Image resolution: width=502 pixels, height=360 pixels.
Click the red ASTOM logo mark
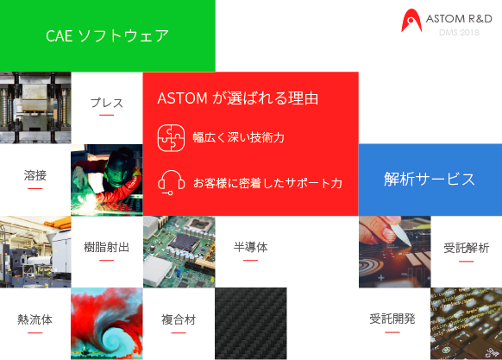point(411,20)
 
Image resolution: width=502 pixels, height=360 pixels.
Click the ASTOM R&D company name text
point(459,19)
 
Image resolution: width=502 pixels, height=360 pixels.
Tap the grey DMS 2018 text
point(459,33)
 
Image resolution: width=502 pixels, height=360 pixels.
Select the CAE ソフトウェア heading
point(107,35)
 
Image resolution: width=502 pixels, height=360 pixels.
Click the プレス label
point(107,103)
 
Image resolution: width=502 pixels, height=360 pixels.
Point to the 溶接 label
point(35,175)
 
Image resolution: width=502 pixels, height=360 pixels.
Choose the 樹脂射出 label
point(107,247)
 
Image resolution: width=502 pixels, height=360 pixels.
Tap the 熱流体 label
point(35,319)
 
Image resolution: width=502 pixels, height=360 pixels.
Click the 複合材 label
point(179,319)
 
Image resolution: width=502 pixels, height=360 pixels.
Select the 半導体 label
point(250,247)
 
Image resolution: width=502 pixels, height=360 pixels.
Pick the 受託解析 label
point(466,248)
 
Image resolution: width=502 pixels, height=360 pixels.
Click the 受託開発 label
point(392,319)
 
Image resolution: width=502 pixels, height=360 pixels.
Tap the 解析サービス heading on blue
point(430,179)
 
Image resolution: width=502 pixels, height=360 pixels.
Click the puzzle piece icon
point(171,138)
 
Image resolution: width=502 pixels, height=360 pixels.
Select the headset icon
point(172,182)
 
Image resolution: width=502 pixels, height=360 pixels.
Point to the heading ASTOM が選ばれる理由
point(238,98)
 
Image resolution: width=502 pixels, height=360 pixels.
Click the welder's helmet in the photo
point(121,166)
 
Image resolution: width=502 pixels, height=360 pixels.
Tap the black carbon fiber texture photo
point(251,324)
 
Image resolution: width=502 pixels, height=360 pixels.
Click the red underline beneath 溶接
point(35,188)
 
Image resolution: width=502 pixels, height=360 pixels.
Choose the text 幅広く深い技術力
point(239,137)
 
